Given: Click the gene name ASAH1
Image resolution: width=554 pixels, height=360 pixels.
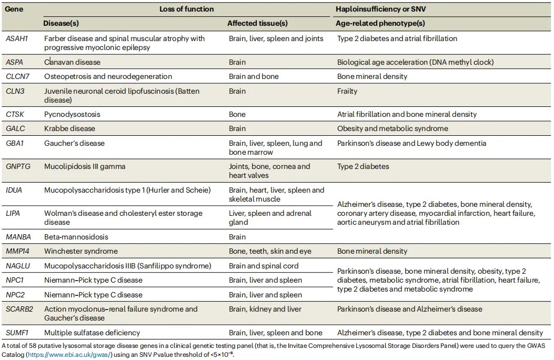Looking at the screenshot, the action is click(17, 38).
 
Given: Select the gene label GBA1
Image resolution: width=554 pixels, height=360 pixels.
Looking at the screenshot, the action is click(15, 143).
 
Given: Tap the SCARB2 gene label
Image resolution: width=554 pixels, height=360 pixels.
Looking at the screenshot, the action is click(19, 309).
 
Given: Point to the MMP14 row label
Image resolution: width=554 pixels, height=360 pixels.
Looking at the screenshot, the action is click(18, 251).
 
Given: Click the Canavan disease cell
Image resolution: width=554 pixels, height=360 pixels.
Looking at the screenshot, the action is click(72, 62).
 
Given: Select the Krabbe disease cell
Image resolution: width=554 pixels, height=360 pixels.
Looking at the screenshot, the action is click(69, 128).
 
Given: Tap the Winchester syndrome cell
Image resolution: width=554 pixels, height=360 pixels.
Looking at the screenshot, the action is click(81, 251).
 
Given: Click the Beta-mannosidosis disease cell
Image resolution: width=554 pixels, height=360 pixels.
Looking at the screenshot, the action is click(76, 237).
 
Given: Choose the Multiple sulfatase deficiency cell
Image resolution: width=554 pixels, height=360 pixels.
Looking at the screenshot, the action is click(92, 333).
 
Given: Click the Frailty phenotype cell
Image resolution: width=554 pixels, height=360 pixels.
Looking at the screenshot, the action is click(347, 91).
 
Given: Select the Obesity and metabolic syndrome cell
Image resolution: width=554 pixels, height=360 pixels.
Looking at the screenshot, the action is click(392, 128).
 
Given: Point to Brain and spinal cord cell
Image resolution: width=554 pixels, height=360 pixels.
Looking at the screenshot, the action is click(264, 266).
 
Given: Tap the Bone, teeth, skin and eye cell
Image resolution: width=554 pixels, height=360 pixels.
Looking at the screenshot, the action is click(270, 251).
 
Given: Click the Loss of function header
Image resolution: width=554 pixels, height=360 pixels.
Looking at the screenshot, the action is click(187, 9).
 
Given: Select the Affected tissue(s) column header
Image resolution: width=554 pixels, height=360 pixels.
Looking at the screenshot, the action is click(257, 23).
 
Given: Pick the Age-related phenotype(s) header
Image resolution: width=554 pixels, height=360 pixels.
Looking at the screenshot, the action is click(380, 23).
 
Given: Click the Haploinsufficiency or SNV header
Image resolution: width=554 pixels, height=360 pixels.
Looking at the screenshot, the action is click(381, 9).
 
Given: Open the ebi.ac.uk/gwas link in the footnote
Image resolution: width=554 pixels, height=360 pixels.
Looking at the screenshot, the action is click(69, 355).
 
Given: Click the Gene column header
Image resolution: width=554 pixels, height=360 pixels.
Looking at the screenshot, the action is click(14, 9).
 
